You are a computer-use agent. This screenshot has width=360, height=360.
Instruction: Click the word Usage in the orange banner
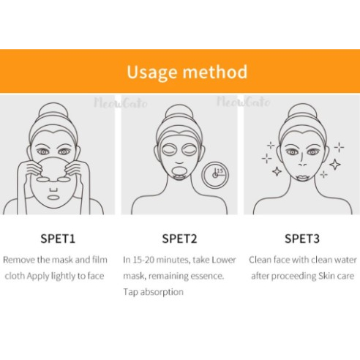tap(151, 72)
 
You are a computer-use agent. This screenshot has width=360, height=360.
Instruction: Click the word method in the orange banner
tap(215, 72)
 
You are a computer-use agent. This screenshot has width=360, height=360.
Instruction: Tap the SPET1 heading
tap(58, 239)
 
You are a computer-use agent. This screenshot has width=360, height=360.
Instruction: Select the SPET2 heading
tap(179, 239)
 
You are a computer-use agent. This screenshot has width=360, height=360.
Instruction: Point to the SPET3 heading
tap(302, 239)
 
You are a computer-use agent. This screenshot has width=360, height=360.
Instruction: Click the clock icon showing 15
tap(215, 175)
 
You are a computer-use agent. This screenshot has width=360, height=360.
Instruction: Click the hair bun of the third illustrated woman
tap(302, 112)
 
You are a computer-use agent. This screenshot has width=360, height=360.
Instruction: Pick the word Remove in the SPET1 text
tap(19, 260)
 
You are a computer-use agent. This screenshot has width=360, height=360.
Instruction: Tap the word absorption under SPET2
tap(162, 292)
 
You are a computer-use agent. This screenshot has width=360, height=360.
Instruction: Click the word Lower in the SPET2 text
tap(224, 260)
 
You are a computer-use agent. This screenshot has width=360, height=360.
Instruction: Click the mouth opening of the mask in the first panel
tap(53, 197)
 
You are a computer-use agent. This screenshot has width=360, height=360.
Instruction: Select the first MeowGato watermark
tap(121, 103)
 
